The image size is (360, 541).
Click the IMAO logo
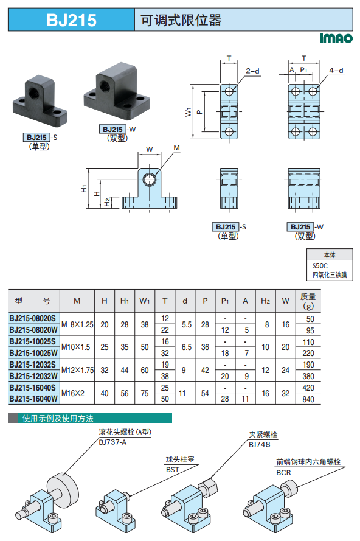(x=336, y=38)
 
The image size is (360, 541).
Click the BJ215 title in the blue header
(x=71, y=20)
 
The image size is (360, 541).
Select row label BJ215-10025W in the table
(x=33, y=353)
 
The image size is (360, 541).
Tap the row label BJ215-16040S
(x=32, y=388)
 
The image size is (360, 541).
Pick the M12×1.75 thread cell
(x=78, y=370)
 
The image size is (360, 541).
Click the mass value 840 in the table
(x=308, y=399)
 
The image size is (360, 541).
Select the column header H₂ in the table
(x=265, y=301)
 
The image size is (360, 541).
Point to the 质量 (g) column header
(x=308, y=301)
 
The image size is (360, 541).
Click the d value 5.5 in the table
(x=187, y=325)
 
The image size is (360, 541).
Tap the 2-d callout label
(x=252, y=71)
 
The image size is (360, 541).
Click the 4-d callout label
(x=336, y=71)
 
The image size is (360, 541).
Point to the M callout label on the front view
(x=176, y=148)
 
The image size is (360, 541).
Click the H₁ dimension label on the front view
(x=84, y=189)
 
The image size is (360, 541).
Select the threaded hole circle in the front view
(x=150, y=180)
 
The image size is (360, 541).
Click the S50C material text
(x=320, y=266)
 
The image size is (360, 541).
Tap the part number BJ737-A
(x=112, y=442)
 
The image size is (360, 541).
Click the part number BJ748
(x=259, y=445)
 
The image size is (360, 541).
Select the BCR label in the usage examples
(x=283, y=473)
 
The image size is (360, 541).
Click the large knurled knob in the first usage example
(x=63, y=489)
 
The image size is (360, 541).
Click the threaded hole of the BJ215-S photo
(x=34, y=92)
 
